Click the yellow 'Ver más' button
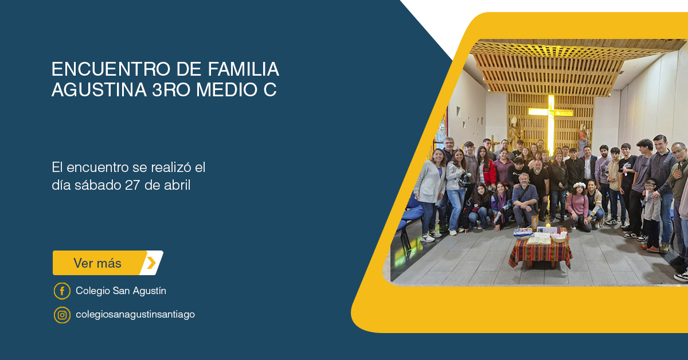[108, 263]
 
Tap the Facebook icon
[62, 291]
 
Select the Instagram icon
[62, 315]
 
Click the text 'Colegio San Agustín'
[121, 291]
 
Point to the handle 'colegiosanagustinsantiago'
[135, 314]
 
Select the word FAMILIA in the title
[243, 69]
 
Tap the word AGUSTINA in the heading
[99, 89]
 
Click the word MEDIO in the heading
[226, 89]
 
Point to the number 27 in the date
[132, 185]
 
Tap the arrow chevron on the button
[151, 263]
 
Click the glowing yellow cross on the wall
[551, 122]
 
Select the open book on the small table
[539, 241]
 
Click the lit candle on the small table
[548, 226]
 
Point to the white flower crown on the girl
[580, 185]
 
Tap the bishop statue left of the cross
[514, 132]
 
